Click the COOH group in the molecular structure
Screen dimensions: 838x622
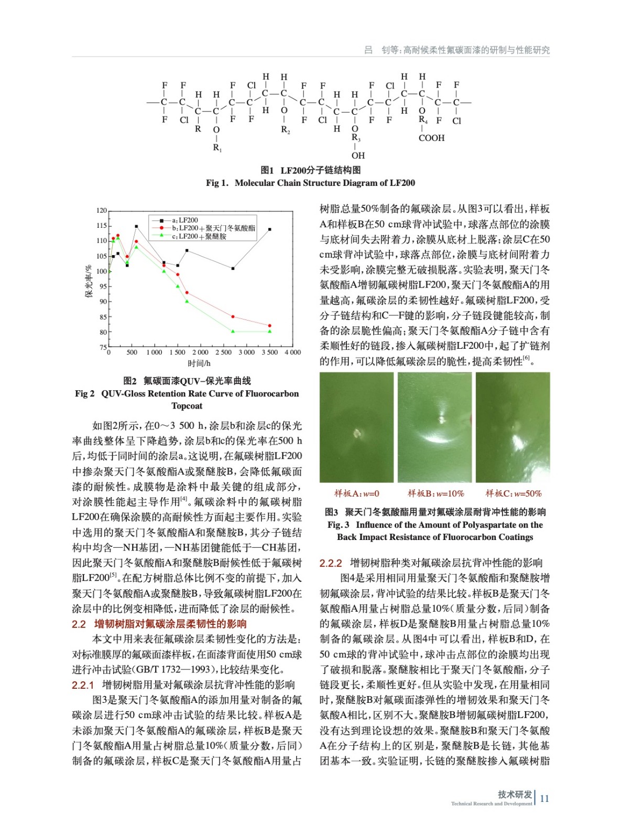tap(431, 138)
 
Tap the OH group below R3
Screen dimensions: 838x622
tap(358, 156)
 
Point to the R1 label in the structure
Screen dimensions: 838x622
tap(217, 148)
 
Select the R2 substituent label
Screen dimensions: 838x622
tap(285, 129)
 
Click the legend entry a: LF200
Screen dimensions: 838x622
tap(185, 220)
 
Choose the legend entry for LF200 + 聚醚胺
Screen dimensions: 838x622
tap(199, 237)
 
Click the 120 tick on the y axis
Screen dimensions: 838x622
tap(101, 211)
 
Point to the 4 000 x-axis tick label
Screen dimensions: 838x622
tap(292, 352)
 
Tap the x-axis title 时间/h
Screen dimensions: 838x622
tap(199, 363)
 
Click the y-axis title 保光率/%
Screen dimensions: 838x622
tap(89, 282)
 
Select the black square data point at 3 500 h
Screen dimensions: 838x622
tap(270, 229)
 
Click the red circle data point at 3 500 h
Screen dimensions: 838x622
tap(270, 326)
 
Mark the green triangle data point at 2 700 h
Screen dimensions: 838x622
tap(233, 332)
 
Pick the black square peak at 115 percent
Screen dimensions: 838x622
tap(136, 226)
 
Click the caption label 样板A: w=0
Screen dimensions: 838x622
tap(356, 493)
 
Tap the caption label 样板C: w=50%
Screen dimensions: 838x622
tap(513, 493)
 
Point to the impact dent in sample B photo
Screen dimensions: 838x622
tap(442, 420)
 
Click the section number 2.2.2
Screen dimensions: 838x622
tap(330, 563)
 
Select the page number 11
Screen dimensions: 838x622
tap(544, 798)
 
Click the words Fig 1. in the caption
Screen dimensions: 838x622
tap(217, 183)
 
